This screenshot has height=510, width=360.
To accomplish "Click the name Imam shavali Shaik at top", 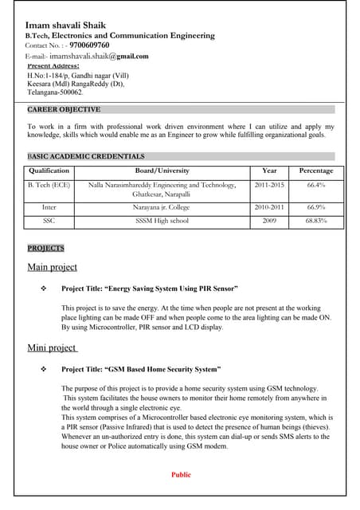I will point(65,25).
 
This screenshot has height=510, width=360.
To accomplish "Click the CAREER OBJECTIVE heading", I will point(64,109).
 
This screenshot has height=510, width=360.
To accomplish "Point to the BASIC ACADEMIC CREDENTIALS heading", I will point(86,156).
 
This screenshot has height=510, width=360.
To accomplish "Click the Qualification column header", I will point(49,171).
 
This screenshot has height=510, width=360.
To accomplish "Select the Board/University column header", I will point(162,171).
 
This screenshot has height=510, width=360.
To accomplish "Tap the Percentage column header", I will point(316,171).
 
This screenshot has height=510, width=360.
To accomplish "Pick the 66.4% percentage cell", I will point(316,185).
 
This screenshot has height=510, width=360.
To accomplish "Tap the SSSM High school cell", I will point(162,220).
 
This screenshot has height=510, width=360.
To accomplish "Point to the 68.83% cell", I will point(316,220).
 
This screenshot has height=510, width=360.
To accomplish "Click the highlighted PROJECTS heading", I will point(45,249).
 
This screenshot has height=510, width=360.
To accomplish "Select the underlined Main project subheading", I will point(53,267).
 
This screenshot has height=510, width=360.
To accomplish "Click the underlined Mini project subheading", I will point(52,347).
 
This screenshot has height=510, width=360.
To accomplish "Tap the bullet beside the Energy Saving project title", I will point(44,288).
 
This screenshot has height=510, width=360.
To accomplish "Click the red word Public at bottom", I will point(182,474).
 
